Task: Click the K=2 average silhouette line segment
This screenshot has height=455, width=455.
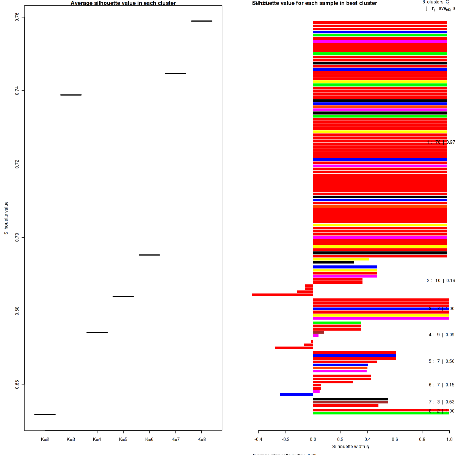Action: click(45, 414)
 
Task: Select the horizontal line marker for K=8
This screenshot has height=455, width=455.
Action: click(201, 21)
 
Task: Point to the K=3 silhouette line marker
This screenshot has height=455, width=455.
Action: click(71, 95)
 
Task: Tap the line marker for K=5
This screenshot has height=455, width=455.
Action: click(123, 297)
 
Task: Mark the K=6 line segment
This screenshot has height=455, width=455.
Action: click(149, 255)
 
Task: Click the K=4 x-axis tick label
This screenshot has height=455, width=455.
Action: click(97, 439)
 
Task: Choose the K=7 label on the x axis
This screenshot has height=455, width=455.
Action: click(175, 439)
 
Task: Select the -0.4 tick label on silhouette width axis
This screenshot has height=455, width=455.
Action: click(258, 439)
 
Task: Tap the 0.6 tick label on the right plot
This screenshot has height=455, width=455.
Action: click(395, 439)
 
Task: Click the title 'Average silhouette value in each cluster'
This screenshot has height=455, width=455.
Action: click(123, 3)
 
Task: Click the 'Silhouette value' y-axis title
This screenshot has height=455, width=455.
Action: click(6, 218)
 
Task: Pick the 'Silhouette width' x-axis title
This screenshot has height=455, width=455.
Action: click(351, 447)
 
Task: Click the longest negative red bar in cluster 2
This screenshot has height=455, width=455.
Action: click(282, 295)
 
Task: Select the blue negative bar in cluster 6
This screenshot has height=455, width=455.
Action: click(296, 395)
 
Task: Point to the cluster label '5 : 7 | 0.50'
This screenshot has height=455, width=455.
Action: click(441, 361)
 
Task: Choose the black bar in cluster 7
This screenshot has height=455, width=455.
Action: click(350, 399)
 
